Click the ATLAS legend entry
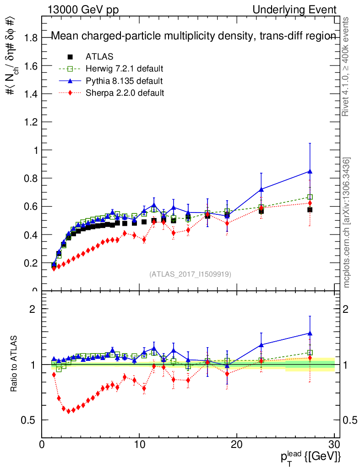[99, 57]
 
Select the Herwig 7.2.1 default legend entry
[124, 69]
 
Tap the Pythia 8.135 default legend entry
[124, 81]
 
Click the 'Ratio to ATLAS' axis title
[14, 365]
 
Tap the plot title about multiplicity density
[193, 36]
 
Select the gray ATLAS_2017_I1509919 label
[190, 274]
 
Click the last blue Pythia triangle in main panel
[310, 171]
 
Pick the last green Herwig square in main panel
[310, 197]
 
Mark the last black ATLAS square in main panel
[310, 210]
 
